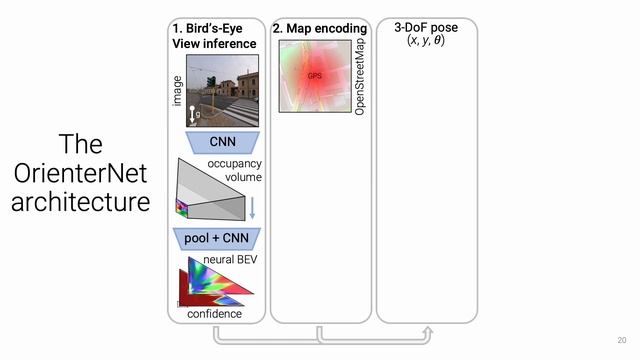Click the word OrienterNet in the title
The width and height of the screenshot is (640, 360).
click(80, 173)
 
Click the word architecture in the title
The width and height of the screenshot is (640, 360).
click(80, 202)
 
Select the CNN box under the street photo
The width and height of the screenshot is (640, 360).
click(216, 141)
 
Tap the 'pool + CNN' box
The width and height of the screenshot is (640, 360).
click(216, 238)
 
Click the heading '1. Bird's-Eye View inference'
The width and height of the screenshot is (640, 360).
click(214, 36)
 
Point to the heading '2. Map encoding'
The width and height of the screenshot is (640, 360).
click(319, 29)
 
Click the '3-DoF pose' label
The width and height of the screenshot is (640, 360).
click(426, 28)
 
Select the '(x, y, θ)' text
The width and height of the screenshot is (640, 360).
click(426, 41)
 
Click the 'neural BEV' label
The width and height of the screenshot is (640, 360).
click(232, 260)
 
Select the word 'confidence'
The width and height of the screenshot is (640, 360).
click(215, 314)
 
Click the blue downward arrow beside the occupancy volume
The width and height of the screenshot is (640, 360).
click(252, 208)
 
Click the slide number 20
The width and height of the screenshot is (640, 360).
click(621, 340)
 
